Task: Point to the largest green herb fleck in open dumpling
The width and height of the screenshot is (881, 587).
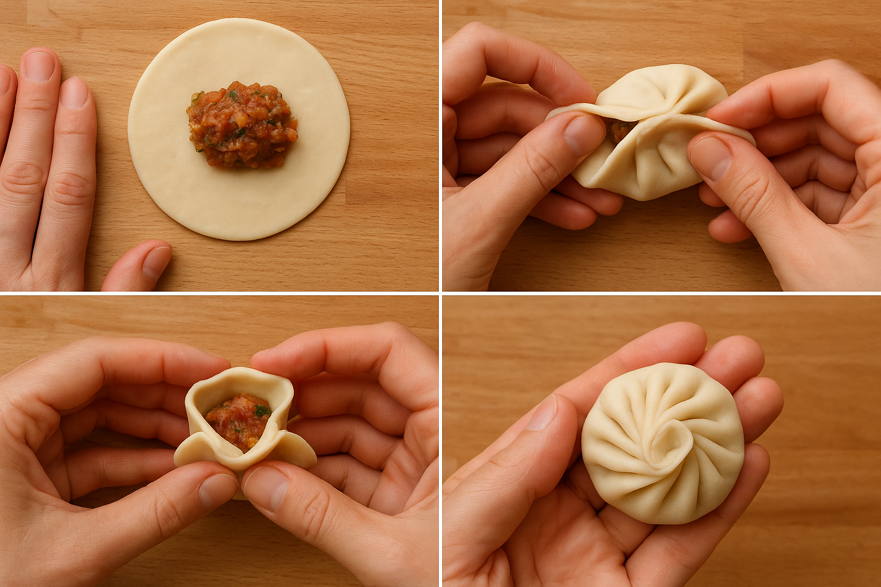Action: point(262,410)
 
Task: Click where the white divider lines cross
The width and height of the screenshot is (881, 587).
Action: point(440,293)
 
